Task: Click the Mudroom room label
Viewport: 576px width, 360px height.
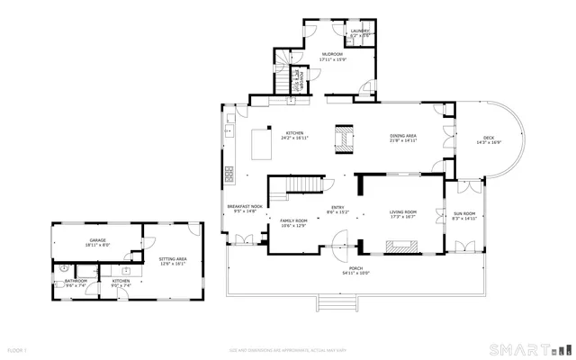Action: coord(332,54)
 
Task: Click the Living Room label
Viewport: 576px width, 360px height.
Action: coord(402,212)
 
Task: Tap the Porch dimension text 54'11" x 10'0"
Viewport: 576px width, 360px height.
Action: coord(356,273)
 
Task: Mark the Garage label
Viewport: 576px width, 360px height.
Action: coord(97,241)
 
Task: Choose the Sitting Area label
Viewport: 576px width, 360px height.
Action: coord(173,260)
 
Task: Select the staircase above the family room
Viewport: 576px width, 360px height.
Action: coord(297,187)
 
